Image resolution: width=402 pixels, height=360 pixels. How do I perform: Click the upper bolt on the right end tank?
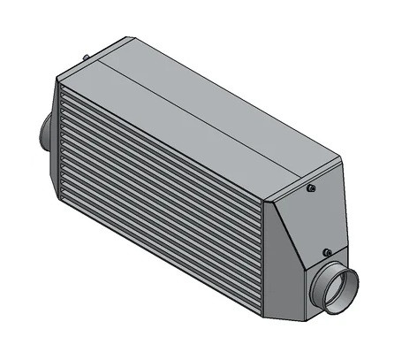(312, 188)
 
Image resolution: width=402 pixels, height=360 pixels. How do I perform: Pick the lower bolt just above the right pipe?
(326, 252)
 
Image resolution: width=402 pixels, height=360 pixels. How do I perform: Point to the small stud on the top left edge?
(86, 60)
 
